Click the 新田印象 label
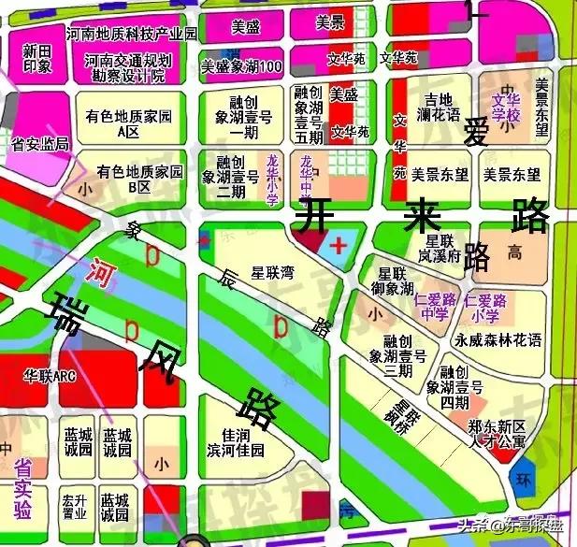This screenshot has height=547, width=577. coord(37,58)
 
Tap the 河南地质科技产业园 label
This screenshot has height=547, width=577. coord(132,34)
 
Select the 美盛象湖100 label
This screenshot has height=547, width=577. coord(242,67)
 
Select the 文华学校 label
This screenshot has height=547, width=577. coord(506,107)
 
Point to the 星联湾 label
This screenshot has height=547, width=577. coord(273,274)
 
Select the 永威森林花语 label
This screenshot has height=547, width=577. coord(498,340)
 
